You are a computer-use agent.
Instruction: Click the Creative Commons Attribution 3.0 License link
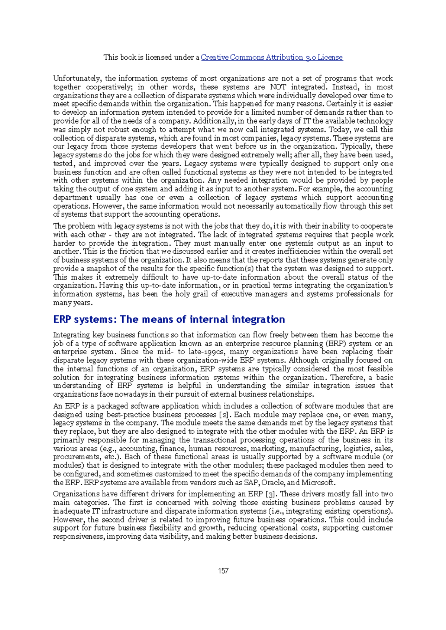coord(272,57)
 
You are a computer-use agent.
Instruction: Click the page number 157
coord(223,571)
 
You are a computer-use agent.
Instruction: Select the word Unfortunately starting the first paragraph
coord(77,78)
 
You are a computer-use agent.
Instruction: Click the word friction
coord(122,252)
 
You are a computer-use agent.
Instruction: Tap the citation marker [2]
coord(224,414)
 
